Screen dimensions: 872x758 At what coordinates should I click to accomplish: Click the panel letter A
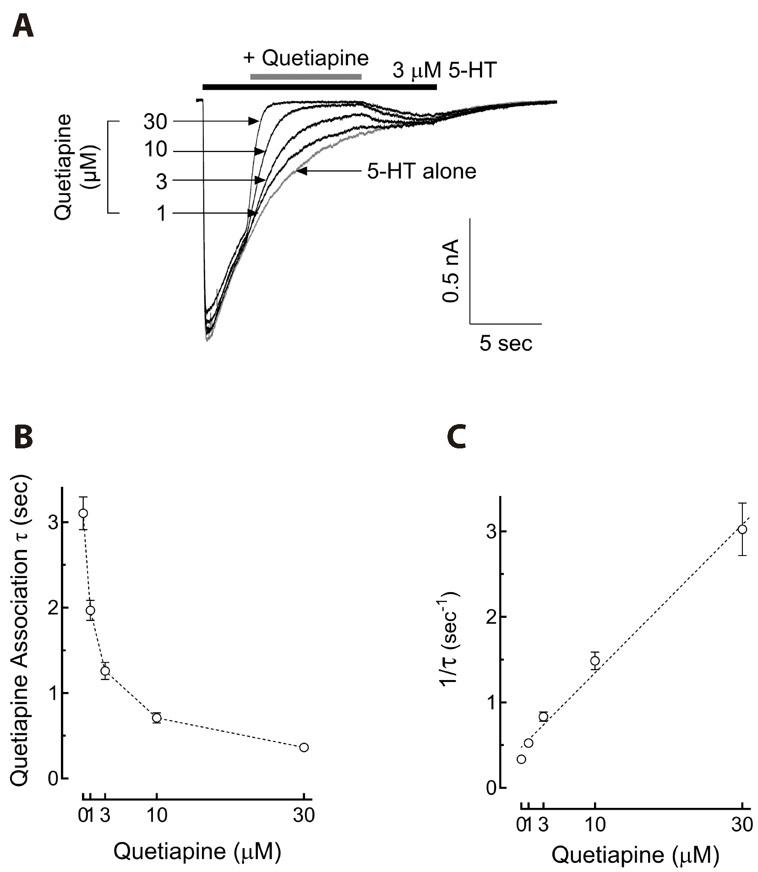(x=23, y=27)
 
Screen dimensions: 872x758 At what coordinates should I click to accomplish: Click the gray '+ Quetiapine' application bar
(x=306, y=76)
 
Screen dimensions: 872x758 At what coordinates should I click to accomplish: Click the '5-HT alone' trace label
(x=421, y=172)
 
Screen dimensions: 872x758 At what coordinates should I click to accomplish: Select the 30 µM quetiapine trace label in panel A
(x=156, y=122)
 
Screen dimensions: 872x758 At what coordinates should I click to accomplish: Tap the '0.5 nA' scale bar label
(x=452, y=271)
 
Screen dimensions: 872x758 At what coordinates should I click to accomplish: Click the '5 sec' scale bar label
(x=506, y=343)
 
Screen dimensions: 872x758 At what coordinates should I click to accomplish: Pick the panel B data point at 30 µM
(x=304, y=747)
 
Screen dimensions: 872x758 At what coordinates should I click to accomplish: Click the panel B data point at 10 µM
(x=157, y=718)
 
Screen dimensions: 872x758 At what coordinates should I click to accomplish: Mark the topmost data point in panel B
(x=83, y=513)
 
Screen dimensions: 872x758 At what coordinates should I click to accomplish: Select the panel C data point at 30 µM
(x=742, y=529)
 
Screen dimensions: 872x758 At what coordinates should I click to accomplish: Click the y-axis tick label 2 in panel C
(x=491, y=617)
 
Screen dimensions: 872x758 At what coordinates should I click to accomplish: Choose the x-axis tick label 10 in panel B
(x=157, y=816)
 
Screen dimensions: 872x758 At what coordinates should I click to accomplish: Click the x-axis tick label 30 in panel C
(x=742, y=825)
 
